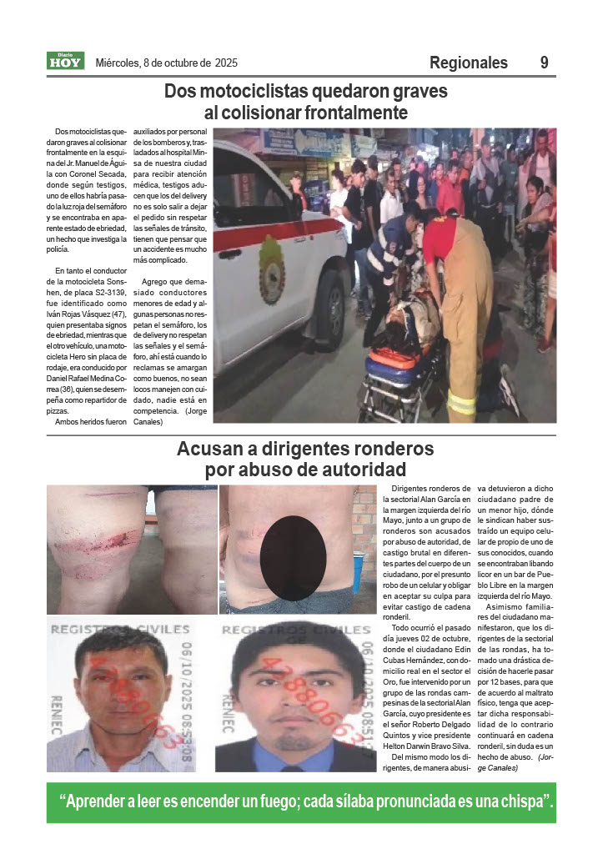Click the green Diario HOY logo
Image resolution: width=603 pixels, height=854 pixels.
(65, 61)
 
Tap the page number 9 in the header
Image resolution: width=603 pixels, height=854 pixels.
(544, 63)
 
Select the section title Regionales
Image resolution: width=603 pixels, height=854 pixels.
(469, 63)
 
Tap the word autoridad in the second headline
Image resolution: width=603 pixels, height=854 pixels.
(359, 470)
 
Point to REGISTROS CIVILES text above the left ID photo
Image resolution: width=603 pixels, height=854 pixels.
(121, 630)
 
